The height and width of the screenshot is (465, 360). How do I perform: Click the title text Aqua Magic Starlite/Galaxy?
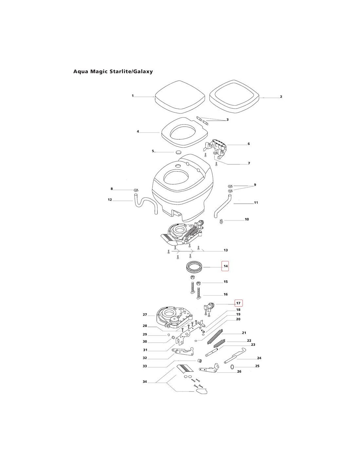(113, 71)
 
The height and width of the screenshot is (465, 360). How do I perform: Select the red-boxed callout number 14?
(225, 266)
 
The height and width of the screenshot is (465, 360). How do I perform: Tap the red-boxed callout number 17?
(238, 303)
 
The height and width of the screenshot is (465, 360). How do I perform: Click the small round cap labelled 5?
(178, 152)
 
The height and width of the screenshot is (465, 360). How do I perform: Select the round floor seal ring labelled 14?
(195, 267)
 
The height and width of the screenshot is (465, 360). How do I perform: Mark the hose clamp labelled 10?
(222, 221)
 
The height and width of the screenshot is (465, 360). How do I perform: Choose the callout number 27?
(145, 315)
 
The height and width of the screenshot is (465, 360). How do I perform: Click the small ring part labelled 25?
(233, 367)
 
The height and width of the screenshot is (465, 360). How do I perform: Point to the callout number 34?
(145, 382)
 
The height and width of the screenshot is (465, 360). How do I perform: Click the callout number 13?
(225, 250)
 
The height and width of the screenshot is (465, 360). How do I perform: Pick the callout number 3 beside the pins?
(227, 120)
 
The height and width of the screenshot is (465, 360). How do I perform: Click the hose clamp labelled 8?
(136, 190)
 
